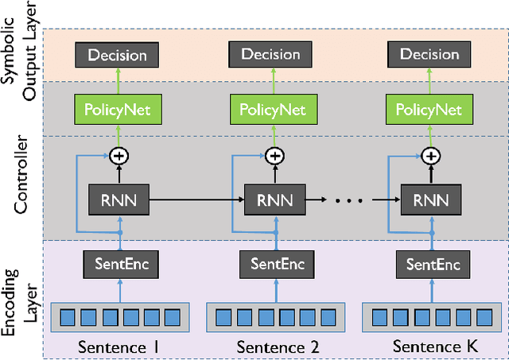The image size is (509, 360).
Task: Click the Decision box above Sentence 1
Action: pyautogui.click(x=118, y=55)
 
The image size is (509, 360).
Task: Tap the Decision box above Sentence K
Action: pyautogui.click(x=429, y=55)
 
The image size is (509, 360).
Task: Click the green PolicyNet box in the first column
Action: pyautogui.click(x=118, y=107)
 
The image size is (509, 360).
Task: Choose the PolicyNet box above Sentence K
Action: pyautogui.click(x=429, y=107)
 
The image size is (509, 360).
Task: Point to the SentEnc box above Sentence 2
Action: pyautogui.click(x=274, y=262)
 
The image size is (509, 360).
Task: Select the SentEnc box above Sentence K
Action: pyautogui.click(x=429, y=262)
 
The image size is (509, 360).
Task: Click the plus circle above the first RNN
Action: pyautogui.click(x=119, y=156)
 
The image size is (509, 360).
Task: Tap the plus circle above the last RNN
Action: pyautogui.click(x=430, y=156)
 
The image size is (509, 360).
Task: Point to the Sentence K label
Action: pyautogui.click(x=429, y=346)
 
